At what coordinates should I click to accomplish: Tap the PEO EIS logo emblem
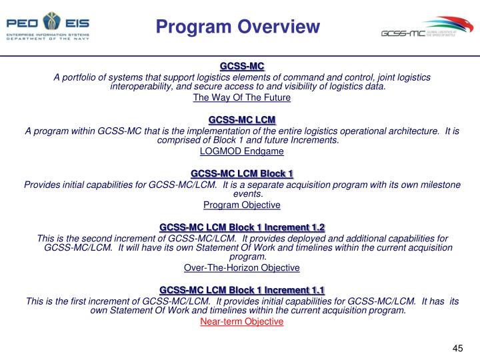[48, 21]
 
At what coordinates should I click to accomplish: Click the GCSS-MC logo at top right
[427, 31]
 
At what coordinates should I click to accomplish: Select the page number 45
[457, 348]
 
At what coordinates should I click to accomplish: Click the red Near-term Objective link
[242, 321]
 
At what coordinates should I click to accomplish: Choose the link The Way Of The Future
[242, 97]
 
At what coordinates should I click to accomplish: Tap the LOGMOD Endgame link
[242, 151]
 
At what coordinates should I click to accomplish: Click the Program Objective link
[242, 205]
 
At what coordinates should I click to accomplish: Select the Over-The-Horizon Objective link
[242, 267]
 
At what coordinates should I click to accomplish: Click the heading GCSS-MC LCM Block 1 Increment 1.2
[242, 227]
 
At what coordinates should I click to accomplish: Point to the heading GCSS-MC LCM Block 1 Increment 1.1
[242, 290]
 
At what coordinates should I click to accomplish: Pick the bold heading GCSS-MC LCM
[242, 119]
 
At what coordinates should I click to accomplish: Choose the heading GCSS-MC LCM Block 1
[242, 173]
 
